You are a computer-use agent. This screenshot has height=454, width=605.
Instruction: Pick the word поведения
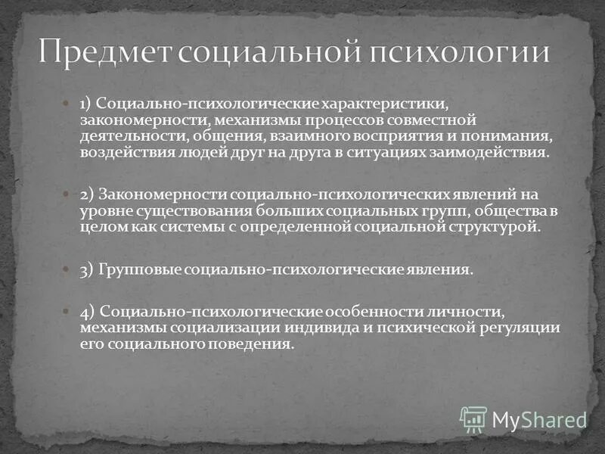tap(253, 344)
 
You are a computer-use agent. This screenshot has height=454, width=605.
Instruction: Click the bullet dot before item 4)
tap(66, 311)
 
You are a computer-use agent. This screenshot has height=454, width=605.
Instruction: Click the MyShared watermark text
tap(539, 419)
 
